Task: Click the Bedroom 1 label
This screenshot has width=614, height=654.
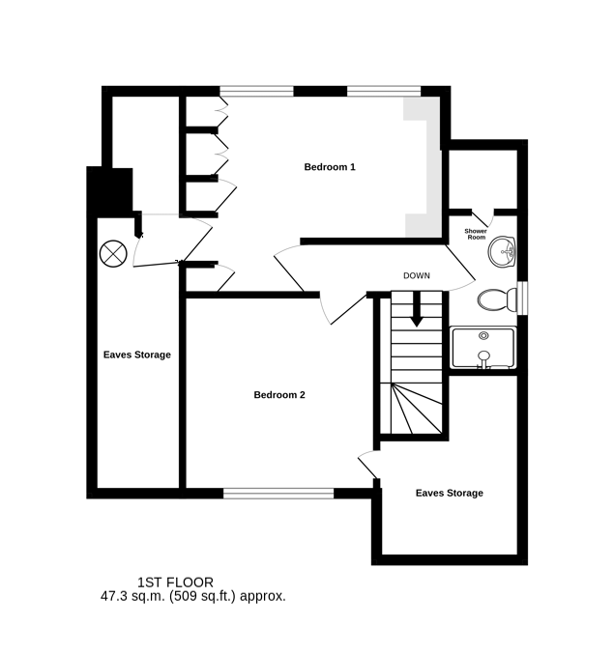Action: tap(330, 167)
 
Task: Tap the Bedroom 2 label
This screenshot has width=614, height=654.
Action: tap(279, 394)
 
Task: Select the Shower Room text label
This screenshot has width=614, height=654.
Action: tap(476, 234)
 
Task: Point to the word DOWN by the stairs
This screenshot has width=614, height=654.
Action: tap(417, 275)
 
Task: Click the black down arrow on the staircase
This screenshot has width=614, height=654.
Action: tap(417, 309)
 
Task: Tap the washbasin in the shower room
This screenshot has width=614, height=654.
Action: tap(502, 251)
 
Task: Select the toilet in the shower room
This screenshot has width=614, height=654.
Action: tap(497, 299)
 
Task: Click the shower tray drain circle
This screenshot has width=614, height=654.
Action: tap(483, 335)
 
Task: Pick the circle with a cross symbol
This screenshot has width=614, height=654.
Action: tap(113, 254)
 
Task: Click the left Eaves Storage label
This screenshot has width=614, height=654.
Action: tap(137, 355)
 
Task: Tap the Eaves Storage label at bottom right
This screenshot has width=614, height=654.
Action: tap(449, 493)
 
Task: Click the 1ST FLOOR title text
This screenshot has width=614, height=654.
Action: tap(175, 583)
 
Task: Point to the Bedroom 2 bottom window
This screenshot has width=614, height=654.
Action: tap(278, 494)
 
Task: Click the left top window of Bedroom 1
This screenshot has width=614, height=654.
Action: tap(256, 91)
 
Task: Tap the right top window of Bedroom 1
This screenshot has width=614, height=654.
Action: tap(384, 91)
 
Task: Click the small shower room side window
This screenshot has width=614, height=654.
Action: tap(522, 298)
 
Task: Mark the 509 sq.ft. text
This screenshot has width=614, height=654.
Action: tap(202, 596)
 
